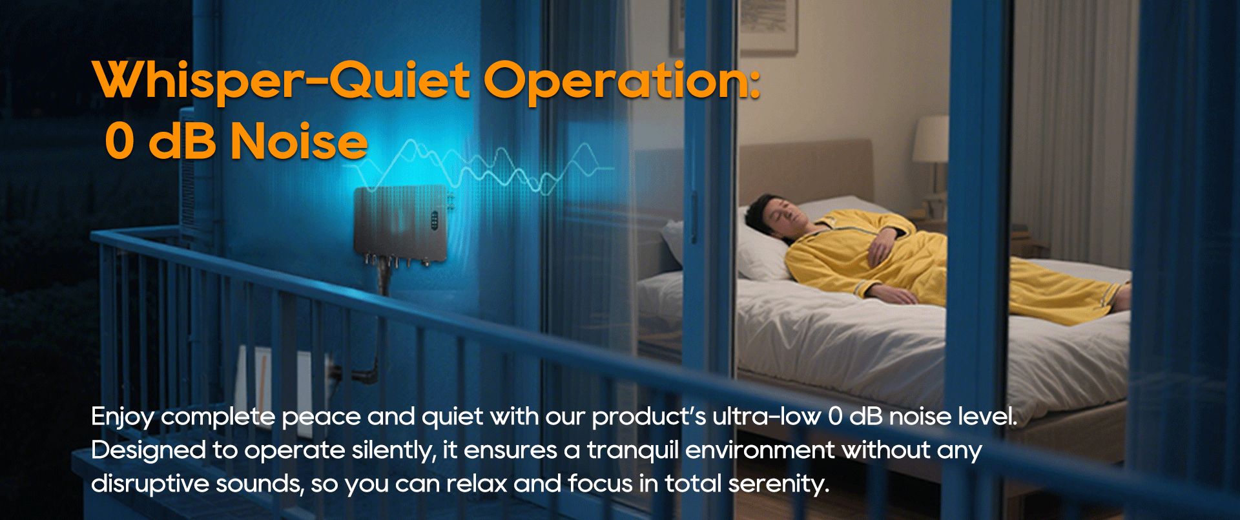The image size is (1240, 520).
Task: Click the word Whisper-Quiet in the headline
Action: (281, 80)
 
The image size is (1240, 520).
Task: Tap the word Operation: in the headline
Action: (622, 81)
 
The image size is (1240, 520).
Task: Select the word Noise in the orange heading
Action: (299, 141)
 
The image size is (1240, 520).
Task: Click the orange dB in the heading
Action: (182, 141)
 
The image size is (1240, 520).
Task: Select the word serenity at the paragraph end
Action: (778, 484)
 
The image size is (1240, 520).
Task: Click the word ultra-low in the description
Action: (767, 417)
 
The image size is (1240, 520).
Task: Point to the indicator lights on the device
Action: (435, 220)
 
